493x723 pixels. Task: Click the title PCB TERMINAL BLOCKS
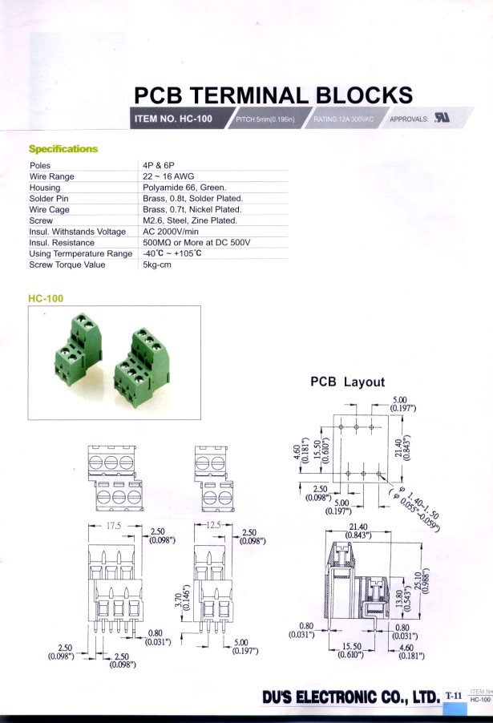273,95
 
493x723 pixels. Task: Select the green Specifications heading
63,149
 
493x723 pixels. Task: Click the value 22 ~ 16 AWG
168,176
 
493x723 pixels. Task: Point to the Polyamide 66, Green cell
184,188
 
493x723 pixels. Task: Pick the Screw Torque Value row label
67,265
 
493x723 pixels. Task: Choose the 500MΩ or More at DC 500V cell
197,243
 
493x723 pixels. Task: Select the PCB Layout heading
347,382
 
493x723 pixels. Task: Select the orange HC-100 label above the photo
46,298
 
